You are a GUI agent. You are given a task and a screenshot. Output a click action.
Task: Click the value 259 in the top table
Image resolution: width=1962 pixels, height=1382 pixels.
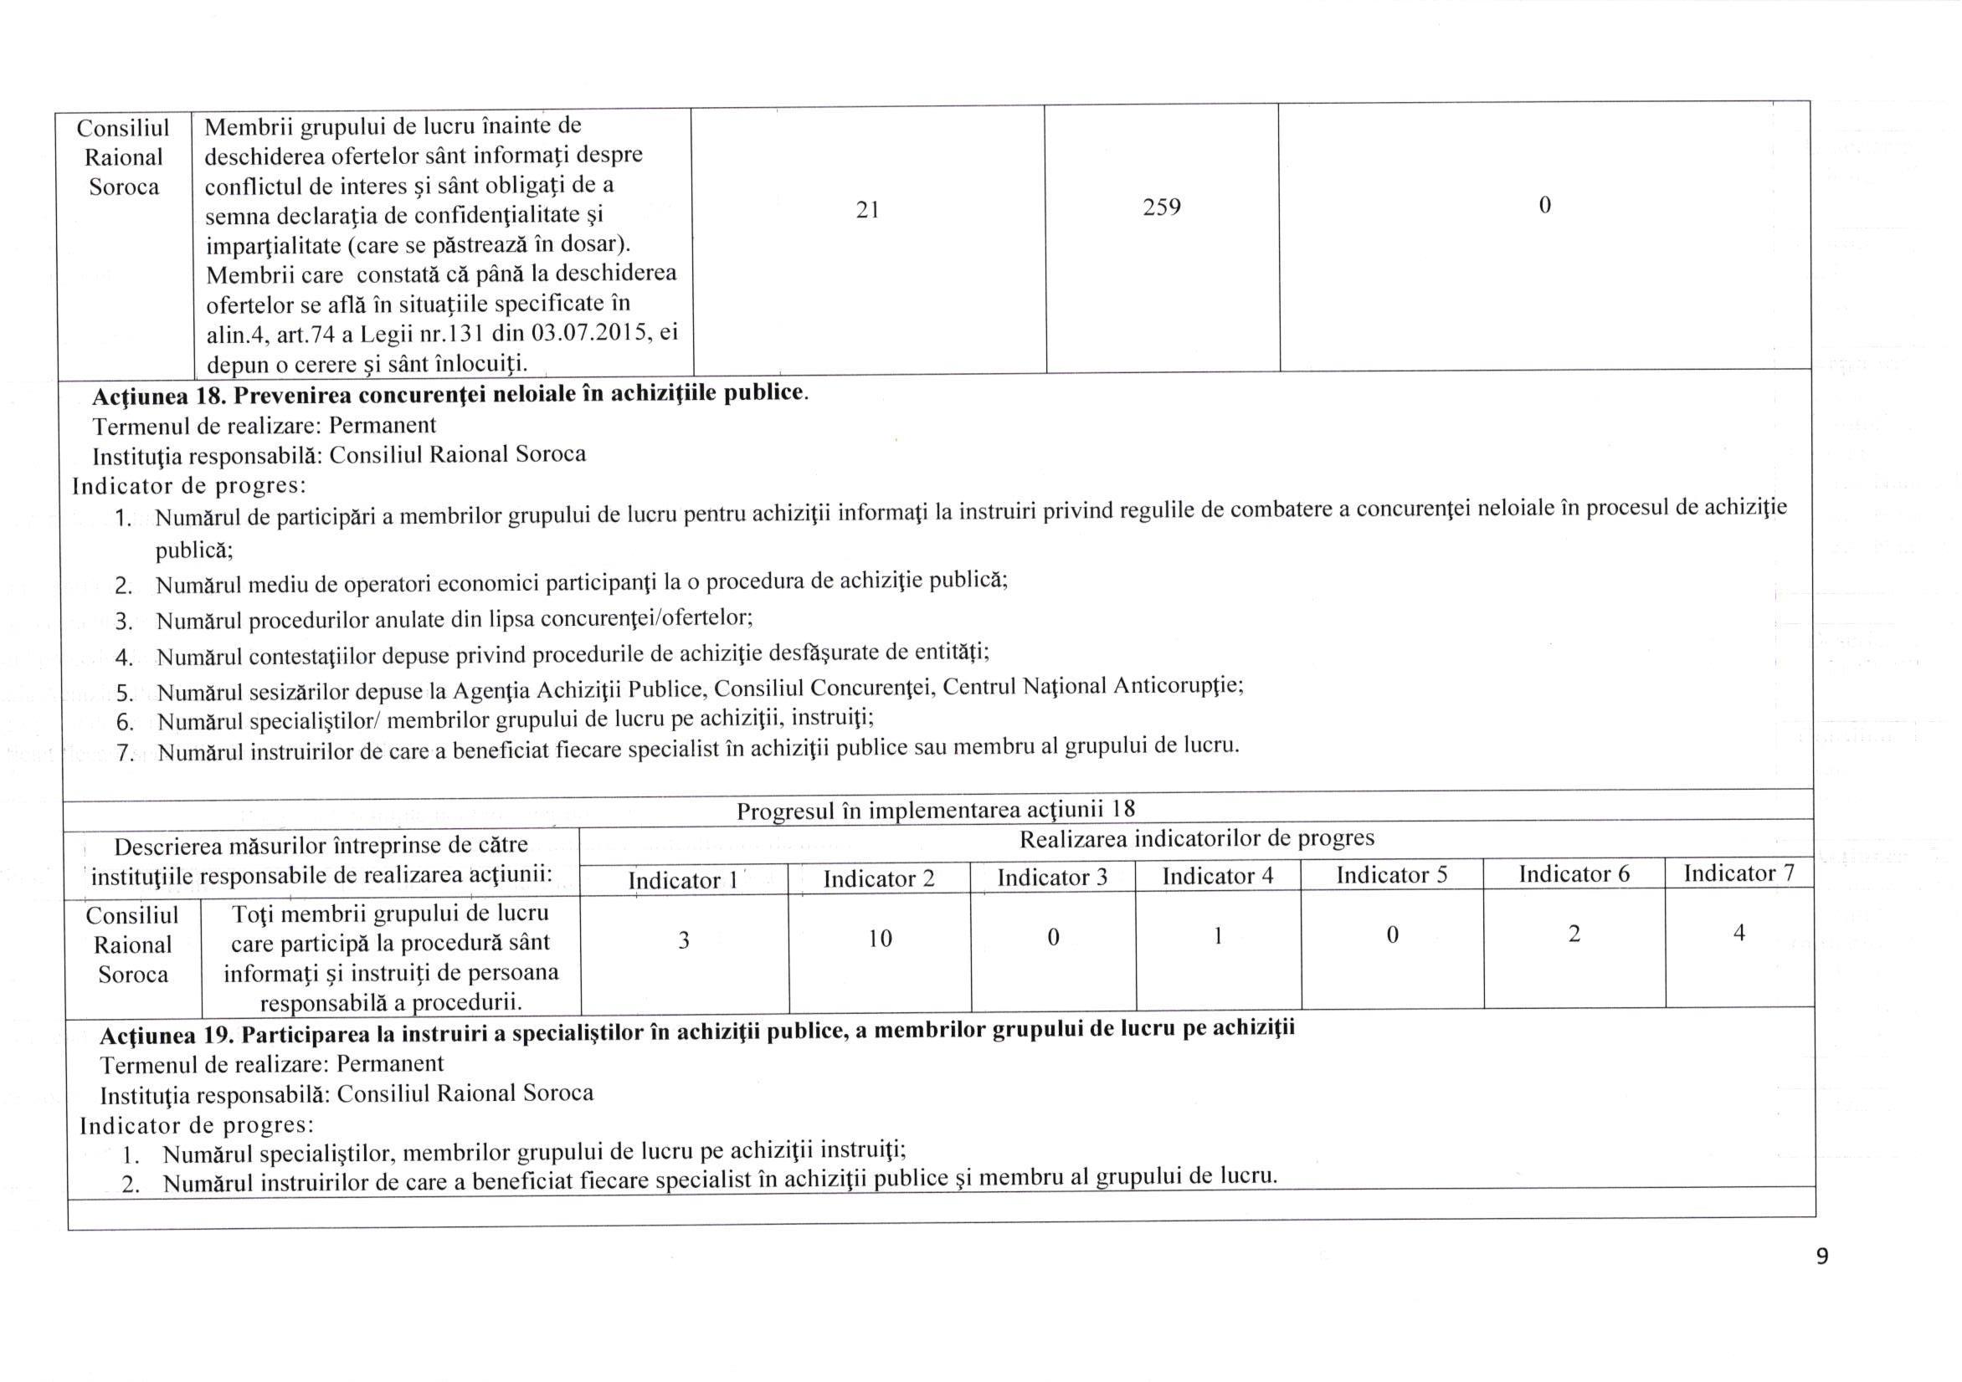coord(1161,207)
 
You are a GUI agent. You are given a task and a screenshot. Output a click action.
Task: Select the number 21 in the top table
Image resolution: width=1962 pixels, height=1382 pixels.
coord(867,209)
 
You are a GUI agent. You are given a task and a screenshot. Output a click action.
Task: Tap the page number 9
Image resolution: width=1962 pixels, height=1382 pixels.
coord(1822,1256)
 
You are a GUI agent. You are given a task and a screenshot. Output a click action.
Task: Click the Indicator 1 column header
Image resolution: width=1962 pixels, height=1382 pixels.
coord(683,880)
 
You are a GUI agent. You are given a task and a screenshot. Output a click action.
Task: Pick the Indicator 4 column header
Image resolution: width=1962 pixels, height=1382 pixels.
coord(1217,876)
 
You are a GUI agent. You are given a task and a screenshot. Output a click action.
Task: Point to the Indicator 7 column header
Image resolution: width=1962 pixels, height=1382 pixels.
coord(1739,873)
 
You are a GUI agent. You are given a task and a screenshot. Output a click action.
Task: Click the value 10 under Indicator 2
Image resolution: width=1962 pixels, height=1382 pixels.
coord(880,939)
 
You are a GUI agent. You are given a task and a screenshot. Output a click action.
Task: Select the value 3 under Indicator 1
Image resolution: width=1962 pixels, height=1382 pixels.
coord(684,940)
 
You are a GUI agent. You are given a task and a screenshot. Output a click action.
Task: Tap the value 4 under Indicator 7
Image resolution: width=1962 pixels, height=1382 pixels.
coord(1739,933)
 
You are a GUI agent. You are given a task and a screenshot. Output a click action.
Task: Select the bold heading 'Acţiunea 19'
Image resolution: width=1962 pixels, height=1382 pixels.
coord(167,1035)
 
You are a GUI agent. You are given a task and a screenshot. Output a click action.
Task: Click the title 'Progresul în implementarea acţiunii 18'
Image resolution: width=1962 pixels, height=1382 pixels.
coord(936,808)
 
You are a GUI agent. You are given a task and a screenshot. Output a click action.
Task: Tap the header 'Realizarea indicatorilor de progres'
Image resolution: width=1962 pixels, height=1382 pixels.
coord(1196,838)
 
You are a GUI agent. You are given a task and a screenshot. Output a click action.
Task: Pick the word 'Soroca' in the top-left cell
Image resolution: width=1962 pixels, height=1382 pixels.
coord(124,187)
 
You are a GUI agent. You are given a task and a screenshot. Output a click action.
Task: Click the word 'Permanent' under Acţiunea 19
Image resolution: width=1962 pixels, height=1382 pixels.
coord(390,1063)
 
